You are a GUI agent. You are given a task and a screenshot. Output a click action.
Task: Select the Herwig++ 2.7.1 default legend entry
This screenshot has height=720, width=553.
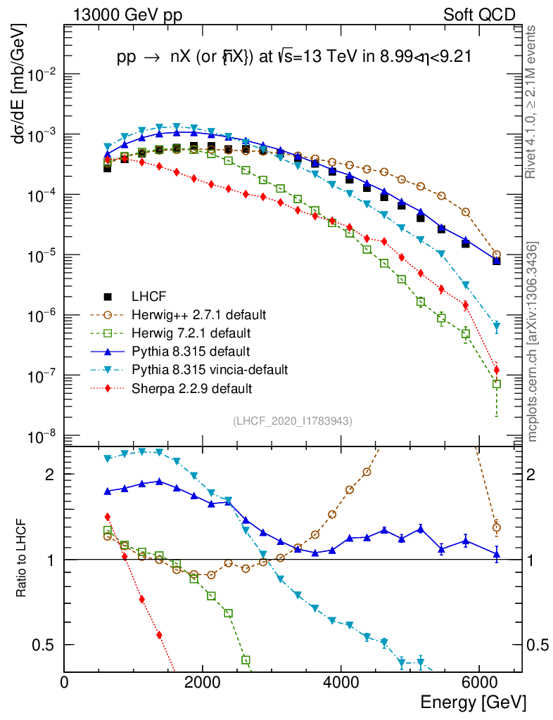190,313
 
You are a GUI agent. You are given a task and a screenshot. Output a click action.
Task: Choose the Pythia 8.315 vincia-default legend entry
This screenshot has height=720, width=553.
201,369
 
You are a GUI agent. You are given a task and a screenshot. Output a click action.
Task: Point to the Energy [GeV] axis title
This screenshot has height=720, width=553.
473,702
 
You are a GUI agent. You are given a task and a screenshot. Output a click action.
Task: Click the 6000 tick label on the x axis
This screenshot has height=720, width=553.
478,682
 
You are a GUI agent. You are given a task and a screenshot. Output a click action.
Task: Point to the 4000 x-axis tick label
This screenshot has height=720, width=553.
341,682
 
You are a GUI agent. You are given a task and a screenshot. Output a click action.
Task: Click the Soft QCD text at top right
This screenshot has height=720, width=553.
479,15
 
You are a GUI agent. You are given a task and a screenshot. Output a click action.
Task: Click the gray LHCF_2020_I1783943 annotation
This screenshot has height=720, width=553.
293,420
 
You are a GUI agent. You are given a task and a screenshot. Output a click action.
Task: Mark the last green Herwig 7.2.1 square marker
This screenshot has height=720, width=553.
497,384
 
